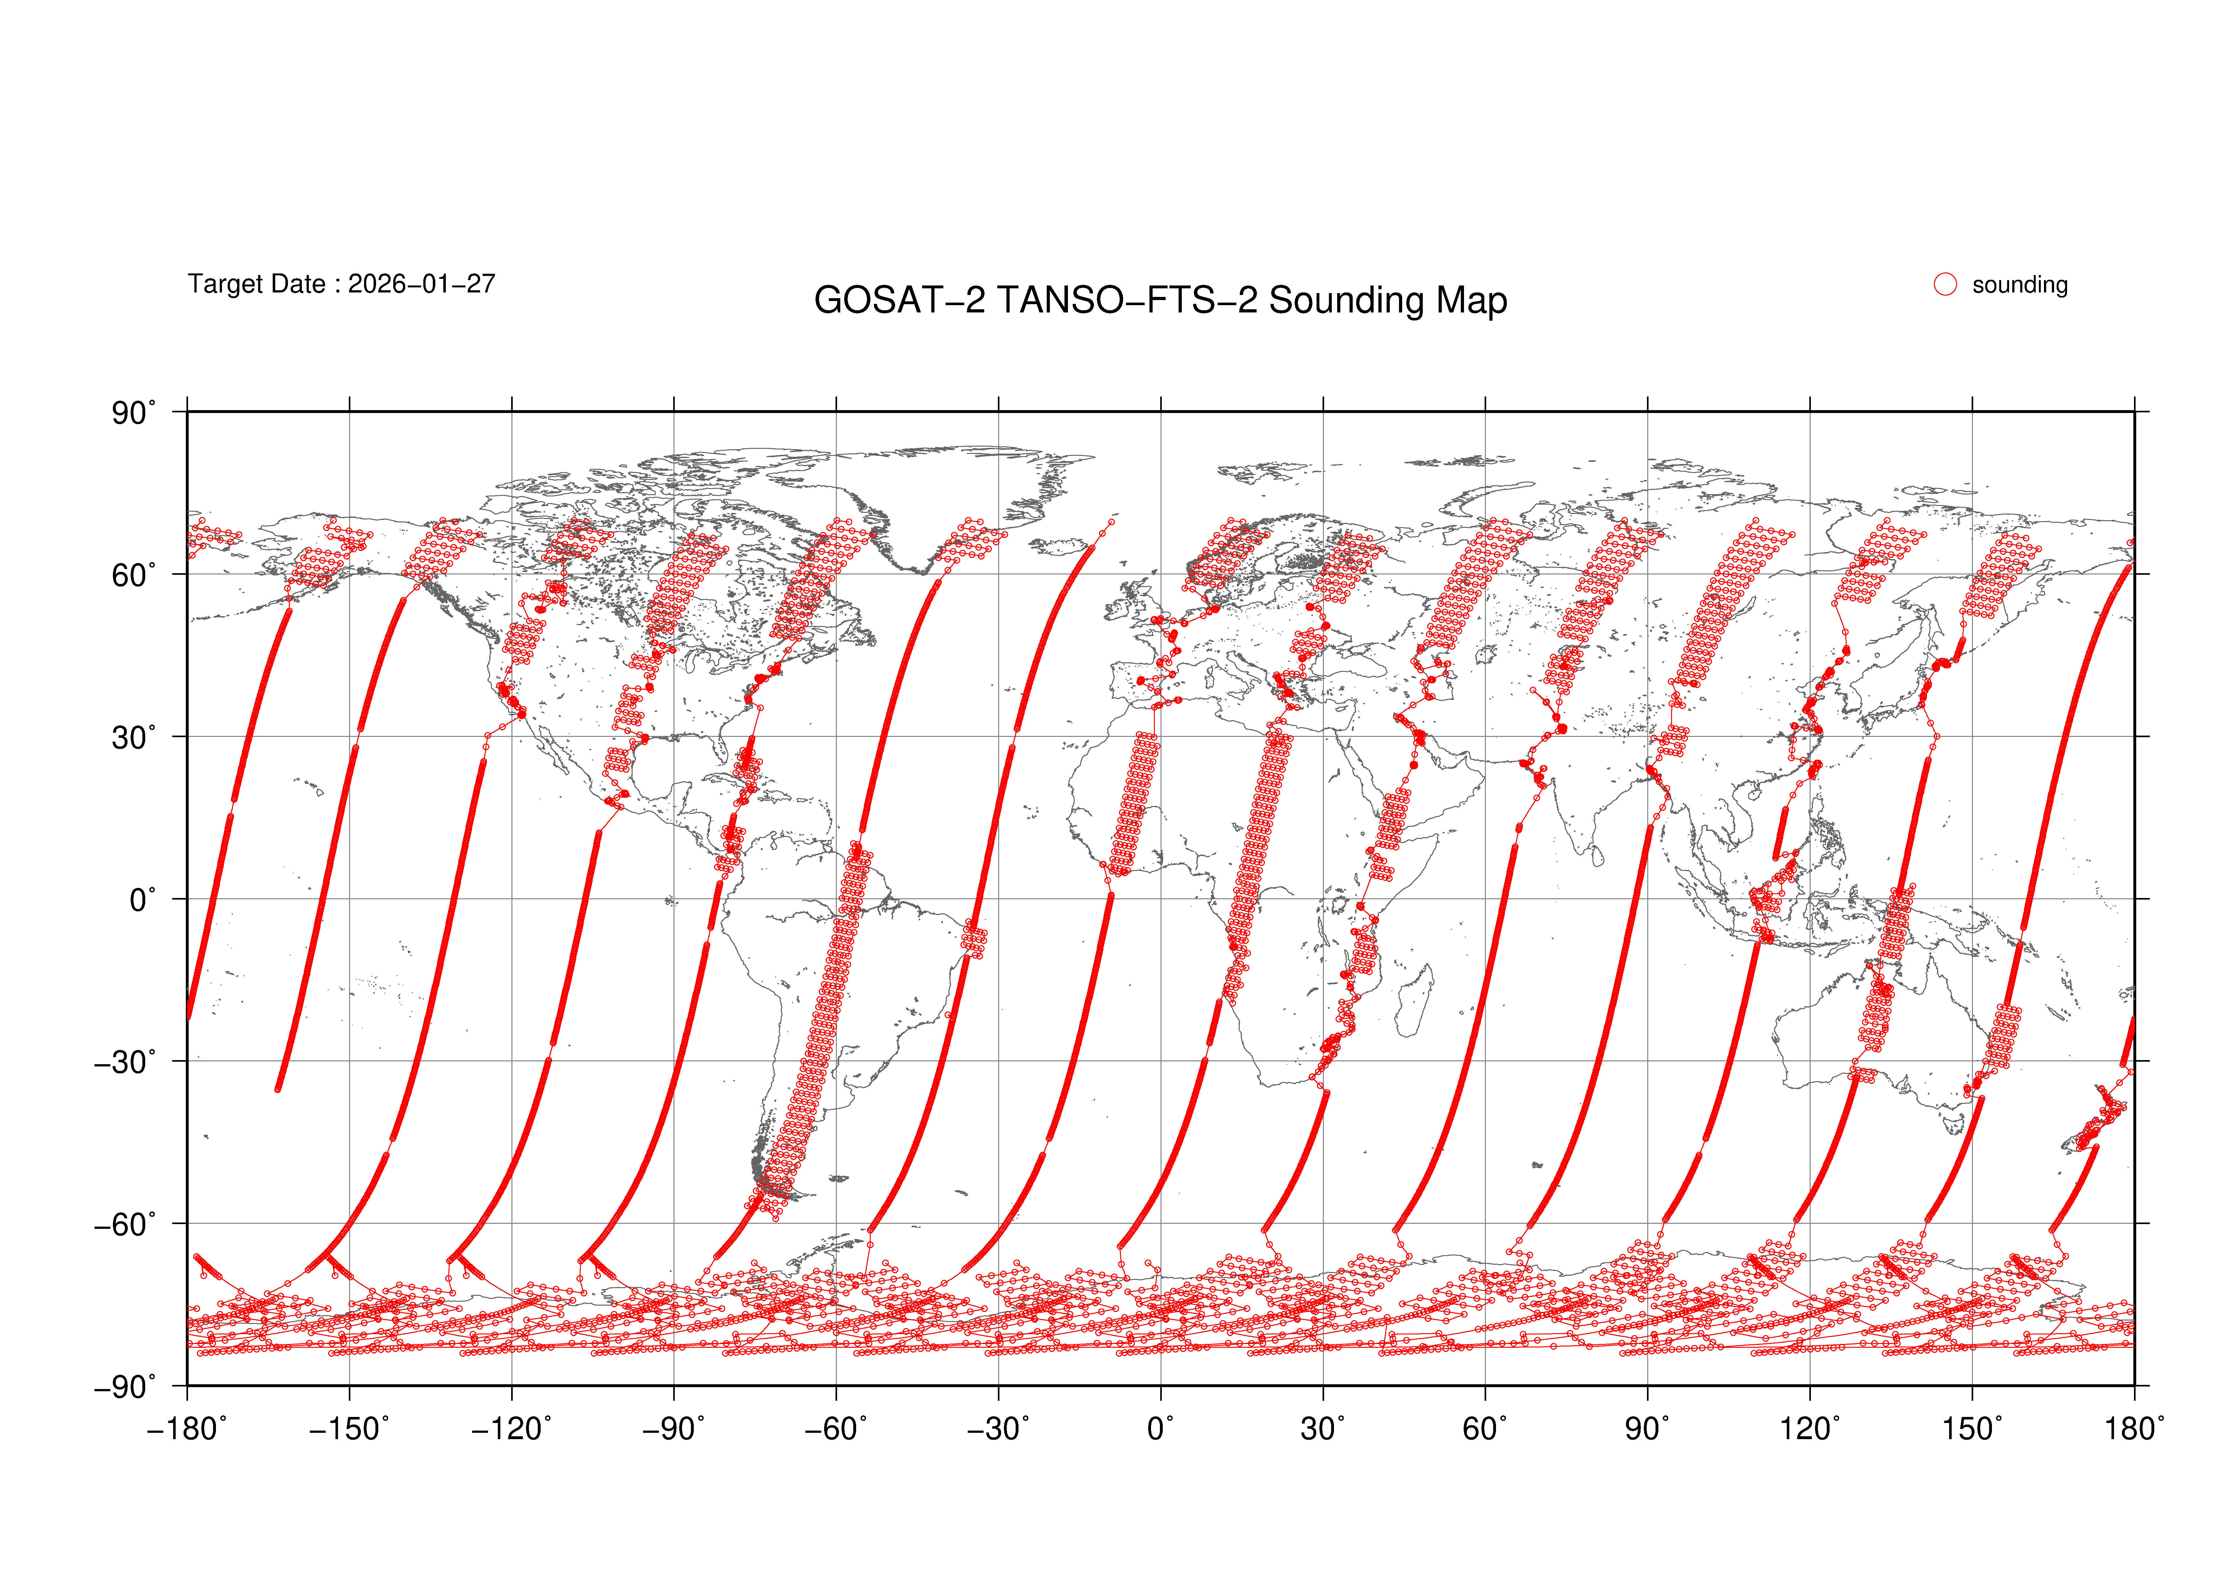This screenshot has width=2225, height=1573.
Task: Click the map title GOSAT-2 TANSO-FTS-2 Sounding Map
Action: (1160, 300)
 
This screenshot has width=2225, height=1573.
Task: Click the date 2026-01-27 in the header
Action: (421, 284)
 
